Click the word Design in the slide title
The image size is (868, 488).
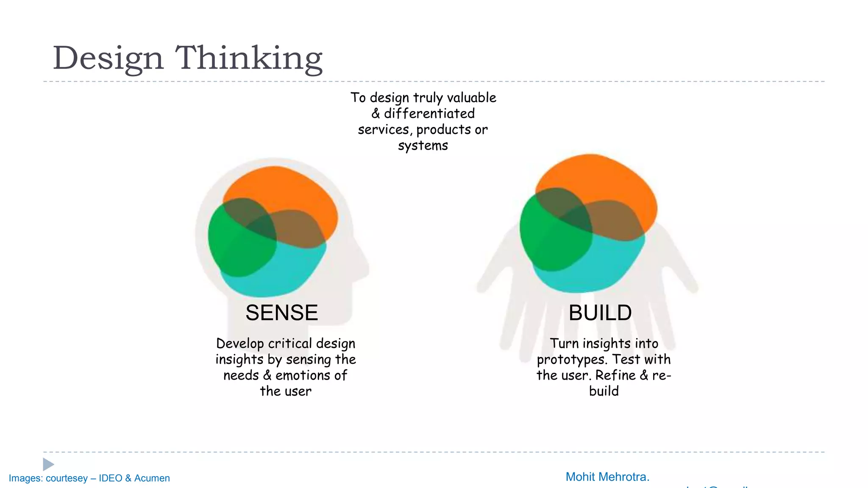pos(108,58)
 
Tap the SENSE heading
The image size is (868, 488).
pos(281,313)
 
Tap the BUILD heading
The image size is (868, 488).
pos(600,313)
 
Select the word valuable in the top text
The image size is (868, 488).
pos(471,98)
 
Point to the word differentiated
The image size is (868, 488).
pos(429,114)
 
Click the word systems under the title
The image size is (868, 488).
pos(423,146)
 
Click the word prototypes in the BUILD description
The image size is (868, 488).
pos(568,360)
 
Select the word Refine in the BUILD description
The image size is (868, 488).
pos(615,375)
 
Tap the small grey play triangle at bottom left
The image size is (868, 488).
pos(48,464)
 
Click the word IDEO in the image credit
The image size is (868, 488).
pos(110,478)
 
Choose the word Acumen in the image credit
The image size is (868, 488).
pos(152,478)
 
